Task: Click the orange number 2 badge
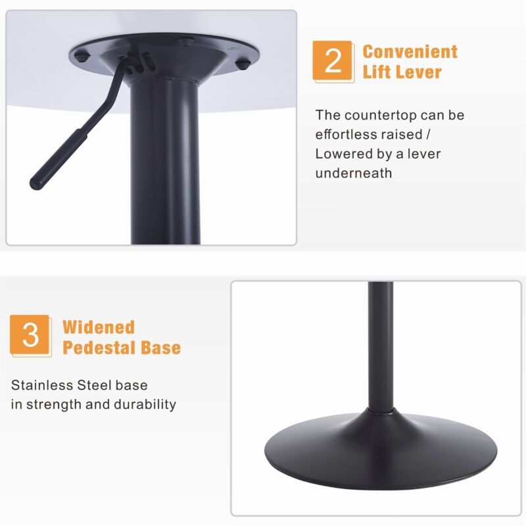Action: [x=333, y=60]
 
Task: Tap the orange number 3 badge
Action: [x=30, y=335]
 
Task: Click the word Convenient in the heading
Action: [x=410, y=52]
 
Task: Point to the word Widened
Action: [x=99, y=327]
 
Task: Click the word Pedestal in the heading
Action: [x=99, y=348]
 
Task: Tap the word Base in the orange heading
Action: [x=160, y=348]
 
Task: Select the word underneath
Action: [x=354, y=173]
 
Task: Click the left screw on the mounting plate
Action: [x=81, y=57]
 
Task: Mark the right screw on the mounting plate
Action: [x=243, y=64]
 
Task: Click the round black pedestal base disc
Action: [x=381, y=451]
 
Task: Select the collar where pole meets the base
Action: [x=381, y=410]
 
